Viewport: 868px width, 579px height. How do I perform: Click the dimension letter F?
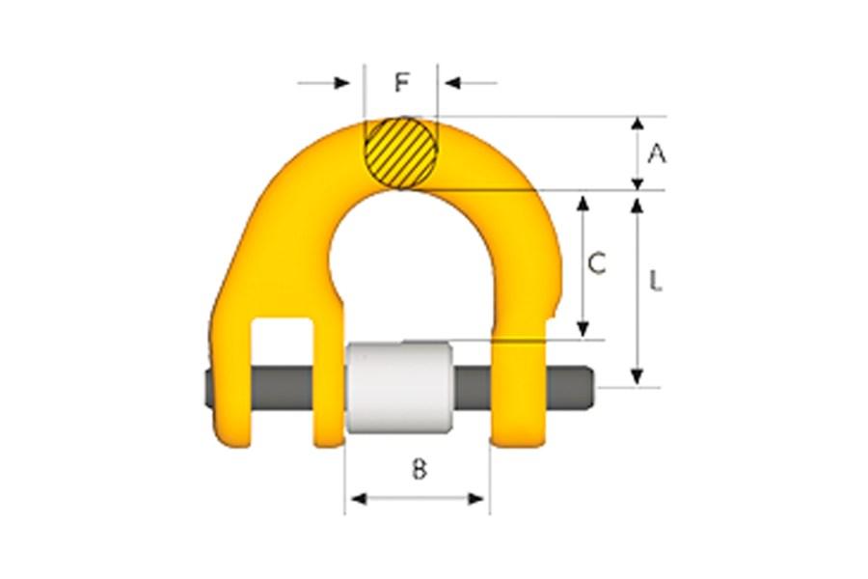[402, 83]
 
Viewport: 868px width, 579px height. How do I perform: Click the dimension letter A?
[657, 152]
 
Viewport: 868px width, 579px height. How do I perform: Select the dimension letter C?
[597, 262]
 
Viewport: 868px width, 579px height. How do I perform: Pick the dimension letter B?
[419, 470]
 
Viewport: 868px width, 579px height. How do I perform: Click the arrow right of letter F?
[453, 84]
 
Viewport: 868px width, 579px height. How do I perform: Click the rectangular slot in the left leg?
[282, 342]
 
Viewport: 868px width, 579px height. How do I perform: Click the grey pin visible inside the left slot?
[282, 388]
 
